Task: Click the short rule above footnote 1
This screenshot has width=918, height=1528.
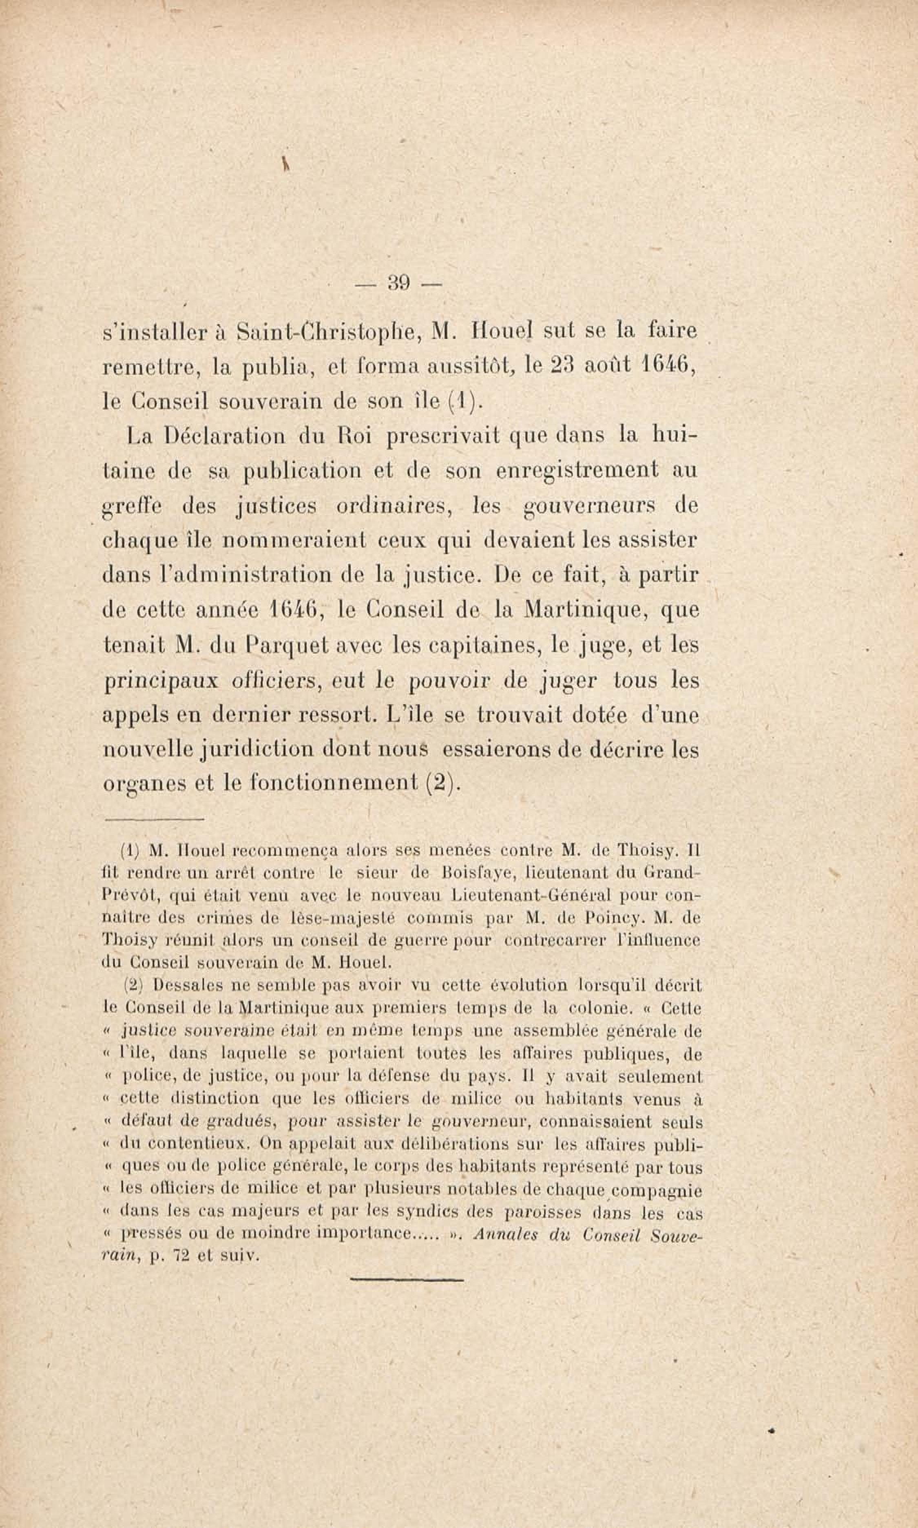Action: pyautogui.click(x=154, y=820)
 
